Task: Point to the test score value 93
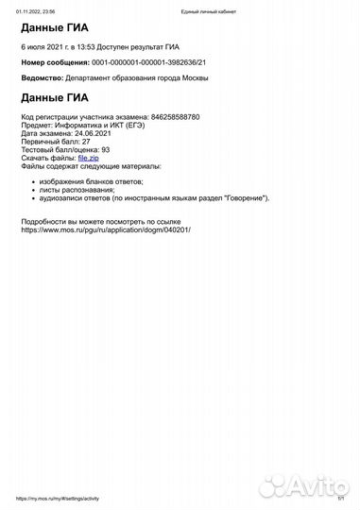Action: [106, 149]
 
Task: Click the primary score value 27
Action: [86, 141]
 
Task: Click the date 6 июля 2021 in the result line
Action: [43, 45]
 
